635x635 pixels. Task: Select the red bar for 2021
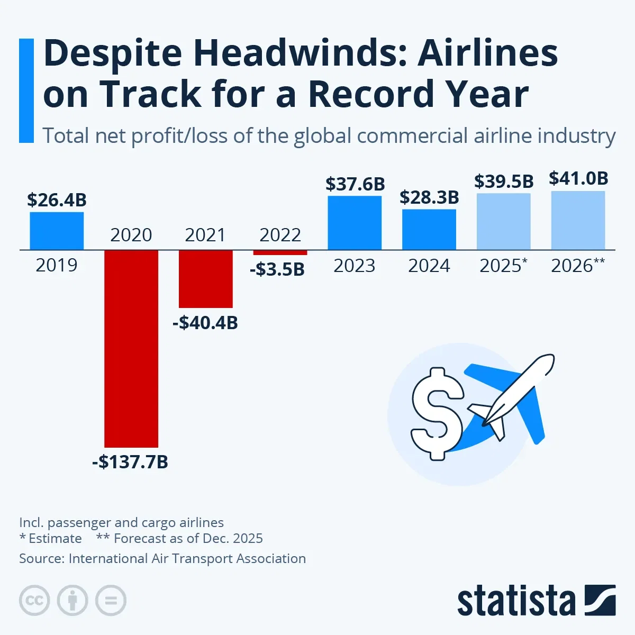click(x=206, y=278)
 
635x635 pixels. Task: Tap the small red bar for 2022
click(x=280, y=252)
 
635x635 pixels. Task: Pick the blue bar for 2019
click(x=57, y=231)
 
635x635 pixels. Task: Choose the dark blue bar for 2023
click(x=355, y=223)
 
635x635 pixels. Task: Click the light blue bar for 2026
click(x=578, y=220)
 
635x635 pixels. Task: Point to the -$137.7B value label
click(x=130, y=462)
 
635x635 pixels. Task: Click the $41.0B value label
click(x=578, y=178)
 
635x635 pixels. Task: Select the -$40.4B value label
click(x=205, y=322)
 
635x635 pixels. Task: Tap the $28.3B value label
click(x=429, y=197)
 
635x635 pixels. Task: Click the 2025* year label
click(x=503, y=266)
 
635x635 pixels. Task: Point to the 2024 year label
click(x=429, y=266)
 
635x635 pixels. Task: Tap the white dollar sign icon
click(x=437, y=414)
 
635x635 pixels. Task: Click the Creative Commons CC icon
click(x=34, y=601)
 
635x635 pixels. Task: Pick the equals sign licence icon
click(x=111, y=601)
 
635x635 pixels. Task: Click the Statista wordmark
click(x=516, y=601)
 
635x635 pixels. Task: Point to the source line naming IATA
click(x=162, y=558)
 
